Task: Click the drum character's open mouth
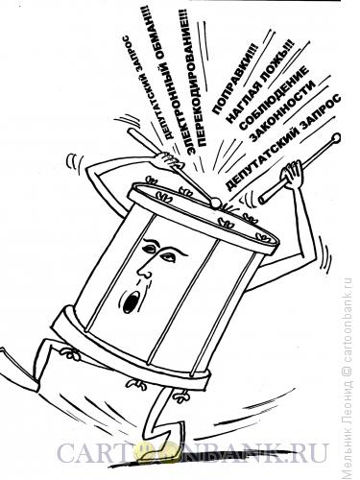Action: tap(130, 302)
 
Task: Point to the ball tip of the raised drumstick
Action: tap(336, 138)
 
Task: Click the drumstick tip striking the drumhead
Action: tap(216, 204)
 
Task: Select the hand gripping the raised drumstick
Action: tap(291, 175)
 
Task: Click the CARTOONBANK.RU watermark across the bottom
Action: tap(193, 452)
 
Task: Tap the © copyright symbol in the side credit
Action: tap(347, 371)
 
